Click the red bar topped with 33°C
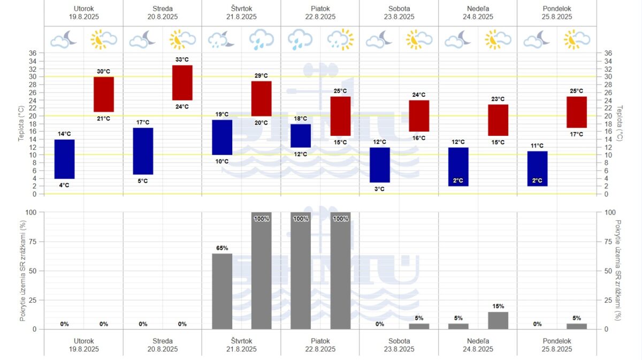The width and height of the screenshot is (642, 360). pos(182,83)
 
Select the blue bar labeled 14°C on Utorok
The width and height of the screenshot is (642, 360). pos(64,159)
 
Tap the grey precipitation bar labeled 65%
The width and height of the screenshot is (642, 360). pos(222,291)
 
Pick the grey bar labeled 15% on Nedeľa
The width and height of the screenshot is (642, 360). pos(498,320)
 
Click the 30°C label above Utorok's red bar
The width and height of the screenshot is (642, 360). pos(104,71)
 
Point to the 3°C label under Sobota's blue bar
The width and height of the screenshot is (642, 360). pos(379,189)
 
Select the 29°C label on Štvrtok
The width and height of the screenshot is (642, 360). pos(261,75)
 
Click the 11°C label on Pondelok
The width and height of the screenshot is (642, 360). pos(537,145)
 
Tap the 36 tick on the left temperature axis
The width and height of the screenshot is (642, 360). pos(33,53)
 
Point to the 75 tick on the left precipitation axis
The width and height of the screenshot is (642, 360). pos(33,241)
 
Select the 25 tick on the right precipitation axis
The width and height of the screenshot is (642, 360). pos(608,300)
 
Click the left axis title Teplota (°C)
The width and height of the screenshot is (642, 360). pos(22,122)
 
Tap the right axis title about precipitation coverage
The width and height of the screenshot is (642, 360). pos(620,270)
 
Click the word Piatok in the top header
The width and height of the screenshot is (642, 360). pos(320,9)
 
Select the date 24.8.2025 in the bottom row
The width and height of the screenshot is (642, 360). pos(478,349)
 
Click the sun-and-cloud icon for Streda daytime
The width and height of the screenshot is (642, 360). pos(182,40)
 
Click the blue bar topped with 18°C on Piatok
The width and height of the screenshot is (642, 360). pos(301,136)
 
